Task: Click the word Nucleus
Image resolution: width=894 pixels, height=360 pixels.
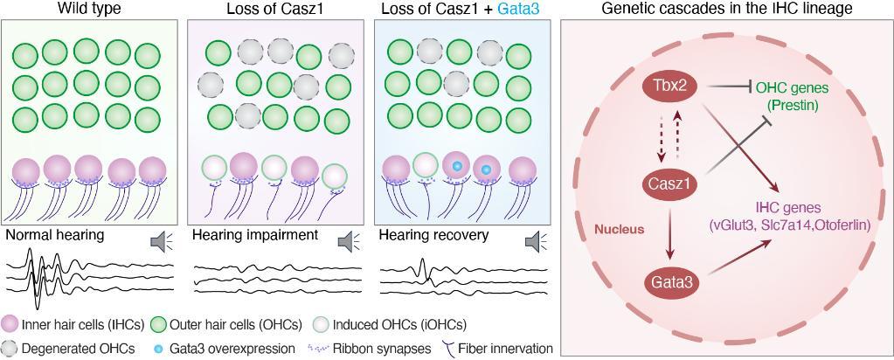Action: click(x=619, y=229)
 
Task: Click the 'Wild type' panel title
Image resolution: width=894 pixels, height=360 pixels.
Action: click(x=89, y=9)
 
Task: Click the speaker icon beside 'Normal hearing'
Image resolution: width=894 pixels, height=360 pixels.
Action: click(x=162, y=240)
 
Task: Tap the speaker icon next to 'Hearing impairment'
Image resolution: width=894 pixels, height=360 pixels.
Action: click(x=349, y=240)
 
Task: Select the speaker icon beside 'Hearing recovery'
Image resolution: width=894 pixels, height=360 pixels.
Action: click(x=536, y=240)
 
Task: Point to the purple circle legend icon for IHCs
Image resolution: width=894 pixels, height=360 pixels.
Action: click(x=11, y=324)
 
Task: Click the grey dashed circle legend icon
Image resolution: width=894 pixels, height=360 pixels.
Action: click(x=11, y=348)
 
